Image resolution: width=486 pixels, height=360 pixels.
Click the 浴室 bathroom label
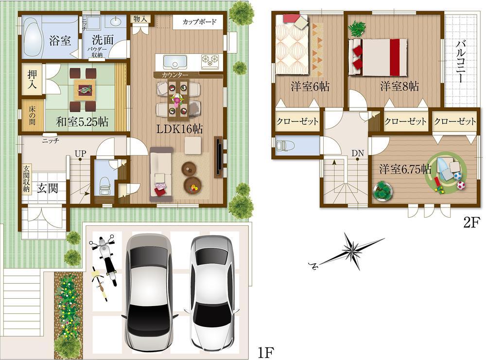(60, 40)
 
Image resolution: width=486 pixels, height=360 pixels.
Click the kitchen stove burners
(209, 61)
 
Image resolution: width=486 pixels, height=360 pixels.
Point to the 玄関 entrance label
(48, 187)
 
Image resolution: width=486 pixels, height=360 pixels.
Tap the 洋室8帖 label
(399, 86)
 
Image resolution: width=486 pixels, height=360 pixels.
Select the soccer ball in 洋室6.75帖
(460, 185)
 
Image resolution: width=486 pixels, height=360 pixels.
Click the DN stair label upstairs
(358, 154)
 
